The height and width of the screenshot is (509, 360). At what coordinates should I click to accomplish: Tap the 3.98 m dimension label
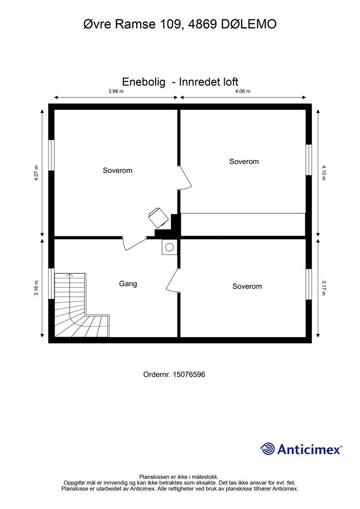tap(116, 91)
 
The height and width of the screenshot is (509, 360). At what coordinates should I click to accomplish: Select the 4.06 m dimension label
tap(243, 91)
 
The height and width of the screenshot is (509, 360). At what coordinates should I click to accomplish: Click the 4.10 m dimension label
tap(324, 172)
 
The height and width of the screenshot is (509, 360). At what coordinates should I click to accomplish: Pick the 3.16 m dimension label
tap(36, 288)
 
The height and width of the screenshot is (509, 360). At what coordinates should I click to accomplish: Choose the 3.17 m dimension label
tap(324, 288)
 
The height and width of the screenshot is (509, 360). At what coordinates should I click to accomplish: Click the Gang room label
tap(128, 284)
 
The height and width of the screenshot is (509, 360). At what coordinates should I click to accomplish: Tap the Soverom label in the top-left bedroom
tap(117, 170)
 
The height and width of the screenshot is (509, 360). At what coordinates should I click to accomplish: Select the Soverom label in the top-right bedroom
tap(244, 162)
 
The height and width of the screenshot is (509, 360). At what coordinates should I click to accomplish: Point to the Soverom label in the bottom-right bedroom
tap(247, 286)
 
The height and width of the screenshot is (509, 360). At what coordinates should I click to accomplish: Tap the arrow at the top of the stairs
tap(69, 275)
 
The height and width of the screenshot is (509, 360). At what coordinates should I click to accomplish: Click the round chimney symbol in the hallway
tap(170, 247)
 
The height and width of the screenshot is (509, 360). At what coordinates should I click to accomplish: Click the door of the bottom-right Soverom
tap(172, 280)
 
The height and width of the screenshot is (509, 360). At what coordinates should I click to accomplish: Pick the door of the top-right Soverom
tap(184, 177)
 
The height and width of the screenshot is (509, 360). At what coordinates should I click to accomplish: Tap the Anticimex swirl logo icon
tap(268, 449)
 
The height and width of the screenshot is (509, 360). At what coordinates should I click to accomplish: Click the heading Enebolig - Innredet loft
tap(180, 82)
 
